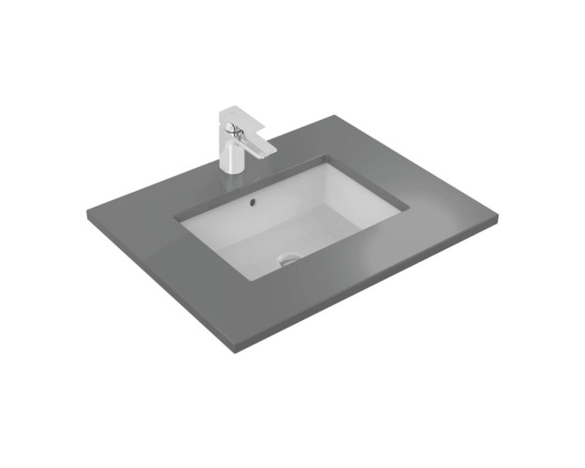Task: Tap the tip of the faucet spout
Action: click(x=265, y=150)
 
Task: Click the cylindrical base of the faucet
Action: click(x=231, y=156)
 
